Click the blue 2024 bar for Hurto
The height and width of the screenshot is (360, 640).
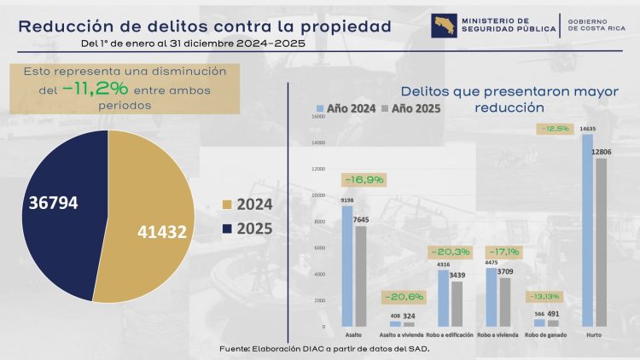[x=587, y=230]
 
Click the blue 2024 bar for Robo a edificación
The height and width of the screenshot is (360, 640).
[x=443, y=299]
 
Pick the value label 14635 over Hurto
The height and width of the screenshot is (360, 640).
[x=587, y=129]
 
